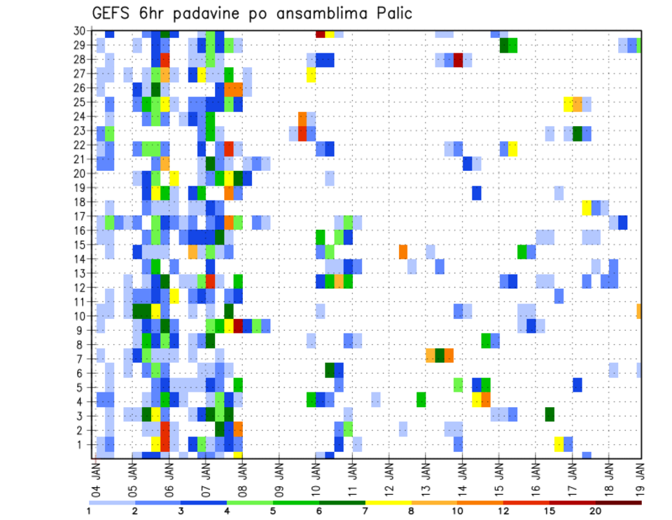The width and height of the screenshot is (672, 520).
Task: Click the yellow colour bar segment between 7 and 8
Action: click(x=388, y=502)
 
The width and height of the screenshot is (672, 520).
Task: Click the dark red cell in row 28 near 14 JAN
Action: click(x=458, y=60)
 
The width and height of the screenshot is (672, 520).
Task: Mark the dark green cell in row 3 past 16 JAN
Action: click(x=549, y=414)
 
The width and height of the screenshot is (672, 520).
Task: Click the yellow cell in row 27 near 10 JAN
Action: click(x=311, y=74)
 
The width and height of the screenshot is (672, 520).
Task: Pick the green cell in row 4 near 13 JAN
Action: click(x=421, y=399)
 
